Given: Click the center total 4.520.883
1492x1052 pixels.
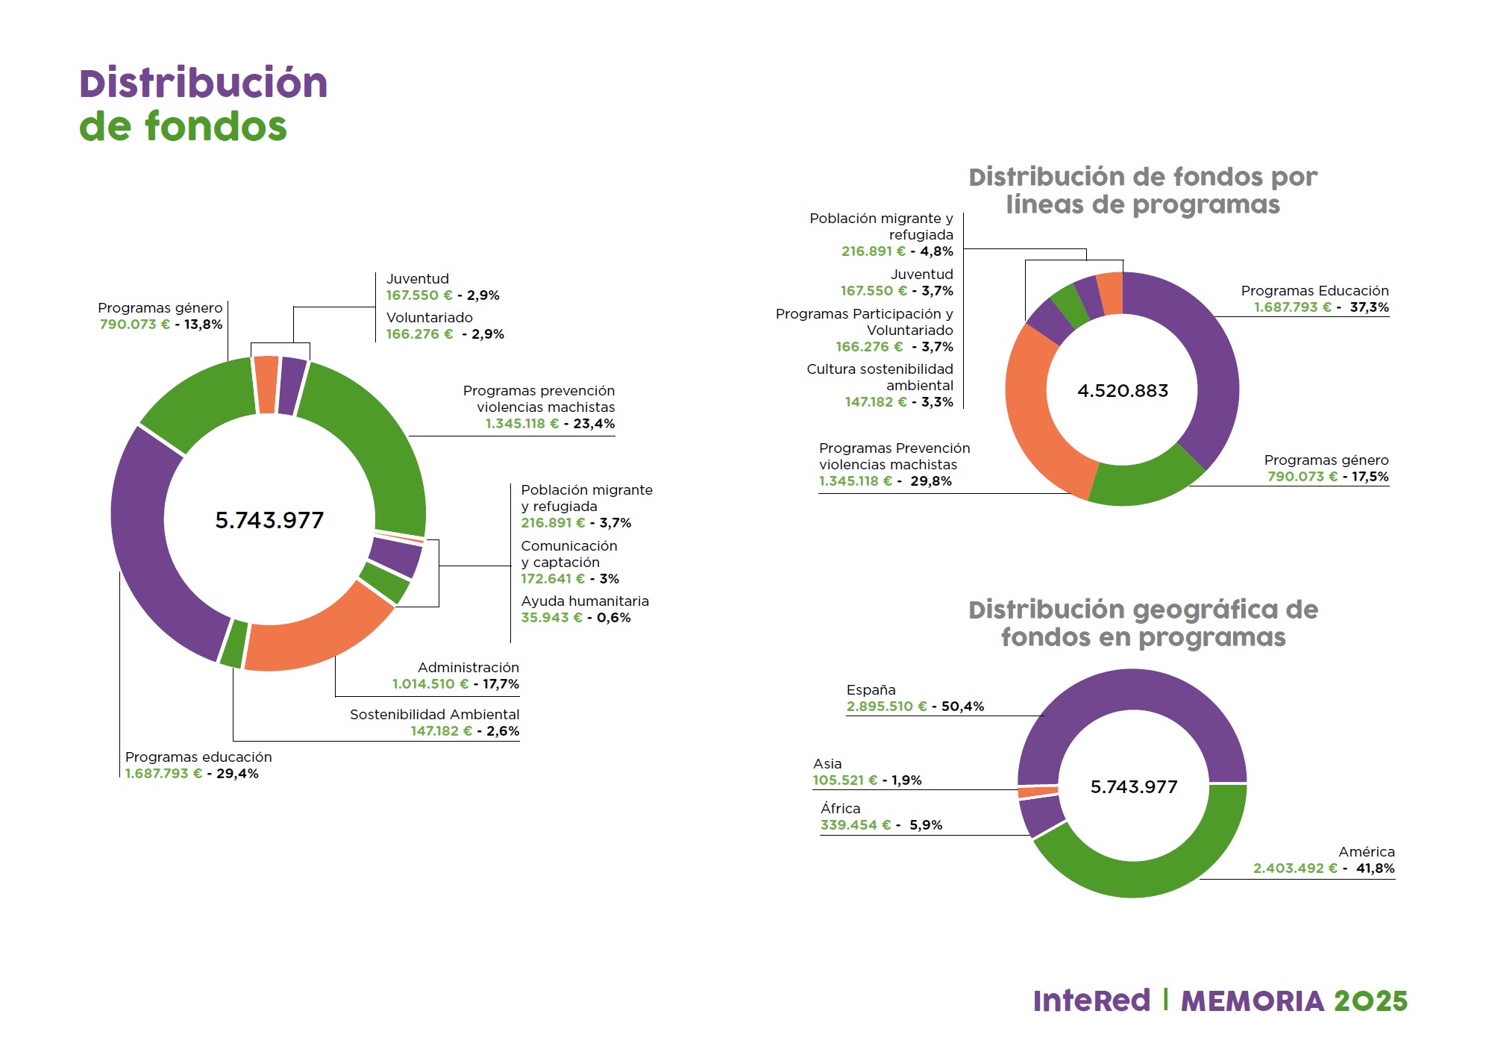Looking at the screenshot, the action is (1123, 391).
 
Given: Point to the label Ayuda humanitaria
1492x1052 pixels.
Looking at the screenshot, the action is (585, 601).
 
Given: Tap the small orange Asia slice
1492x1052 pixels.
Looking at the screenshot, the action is (1038, 792).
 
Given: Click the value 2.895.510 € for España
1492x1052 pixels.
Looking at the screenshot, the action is (886, 707).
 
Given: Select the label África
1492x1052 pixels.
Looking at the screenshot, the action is (840, 809).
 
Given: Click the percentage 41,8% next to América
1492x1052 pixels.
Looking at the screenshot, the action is (1375, 868).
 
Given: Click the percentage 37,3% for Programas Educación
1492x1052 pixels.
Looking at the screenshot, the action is (1369, 307).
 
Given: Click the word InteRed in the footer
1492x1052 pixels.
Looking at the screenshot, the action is (1091, 1001).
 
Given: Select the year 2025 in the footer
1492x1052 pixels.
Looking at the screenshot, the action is (1370, 1001).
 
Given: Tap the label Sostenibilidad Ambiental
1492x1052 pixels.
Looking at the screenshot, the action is (434, 715).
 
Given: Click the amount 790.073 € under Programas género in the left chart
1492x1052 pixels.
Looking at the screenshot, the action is (134, 325).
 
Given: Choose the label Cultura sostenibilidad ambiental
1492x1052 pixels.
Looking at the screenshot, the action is (880, 378).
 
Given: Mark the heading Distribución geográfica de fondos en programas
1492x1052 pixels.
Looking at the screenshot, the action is (1143, 624).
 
